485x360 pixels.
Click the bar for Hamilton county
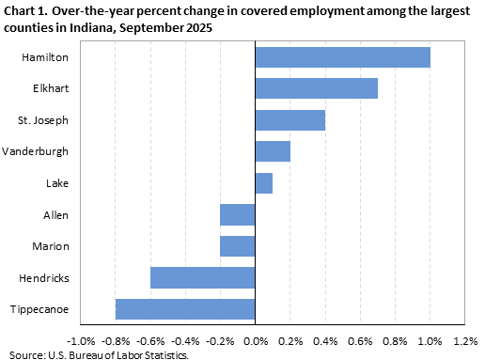pyautogui.click(x=342, y=57)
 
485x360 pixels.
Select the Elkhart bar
pyautogui.click(x=316, y=88)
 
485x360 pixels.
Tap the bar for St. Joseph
pyautogui.click(x=289, y=120)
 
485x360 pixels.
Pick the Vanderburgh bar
pyautogui.click(x=273, y=151)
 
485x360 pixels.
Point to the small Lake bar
pyautogui.click(x=264, y=183)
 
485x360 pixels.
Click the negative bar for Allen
pyautogui.click(x=238, y=215)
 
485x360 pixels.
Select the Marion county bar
pyautogui.click(x=238, y=246)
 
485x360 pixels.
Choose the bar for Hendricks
pyautogui.click(x=203, y=278)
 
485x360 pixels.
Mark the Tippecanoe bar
pyautogui.click(x=185, y=309)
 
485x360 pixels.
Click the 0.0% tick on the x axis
pyautogui.click(x=255, y=339)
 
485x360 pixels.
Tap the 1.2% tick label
pyautogui.click(x=465, y=339)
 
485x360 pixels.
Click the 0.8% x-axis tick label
pyautogui.click(x=395, y=339)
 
